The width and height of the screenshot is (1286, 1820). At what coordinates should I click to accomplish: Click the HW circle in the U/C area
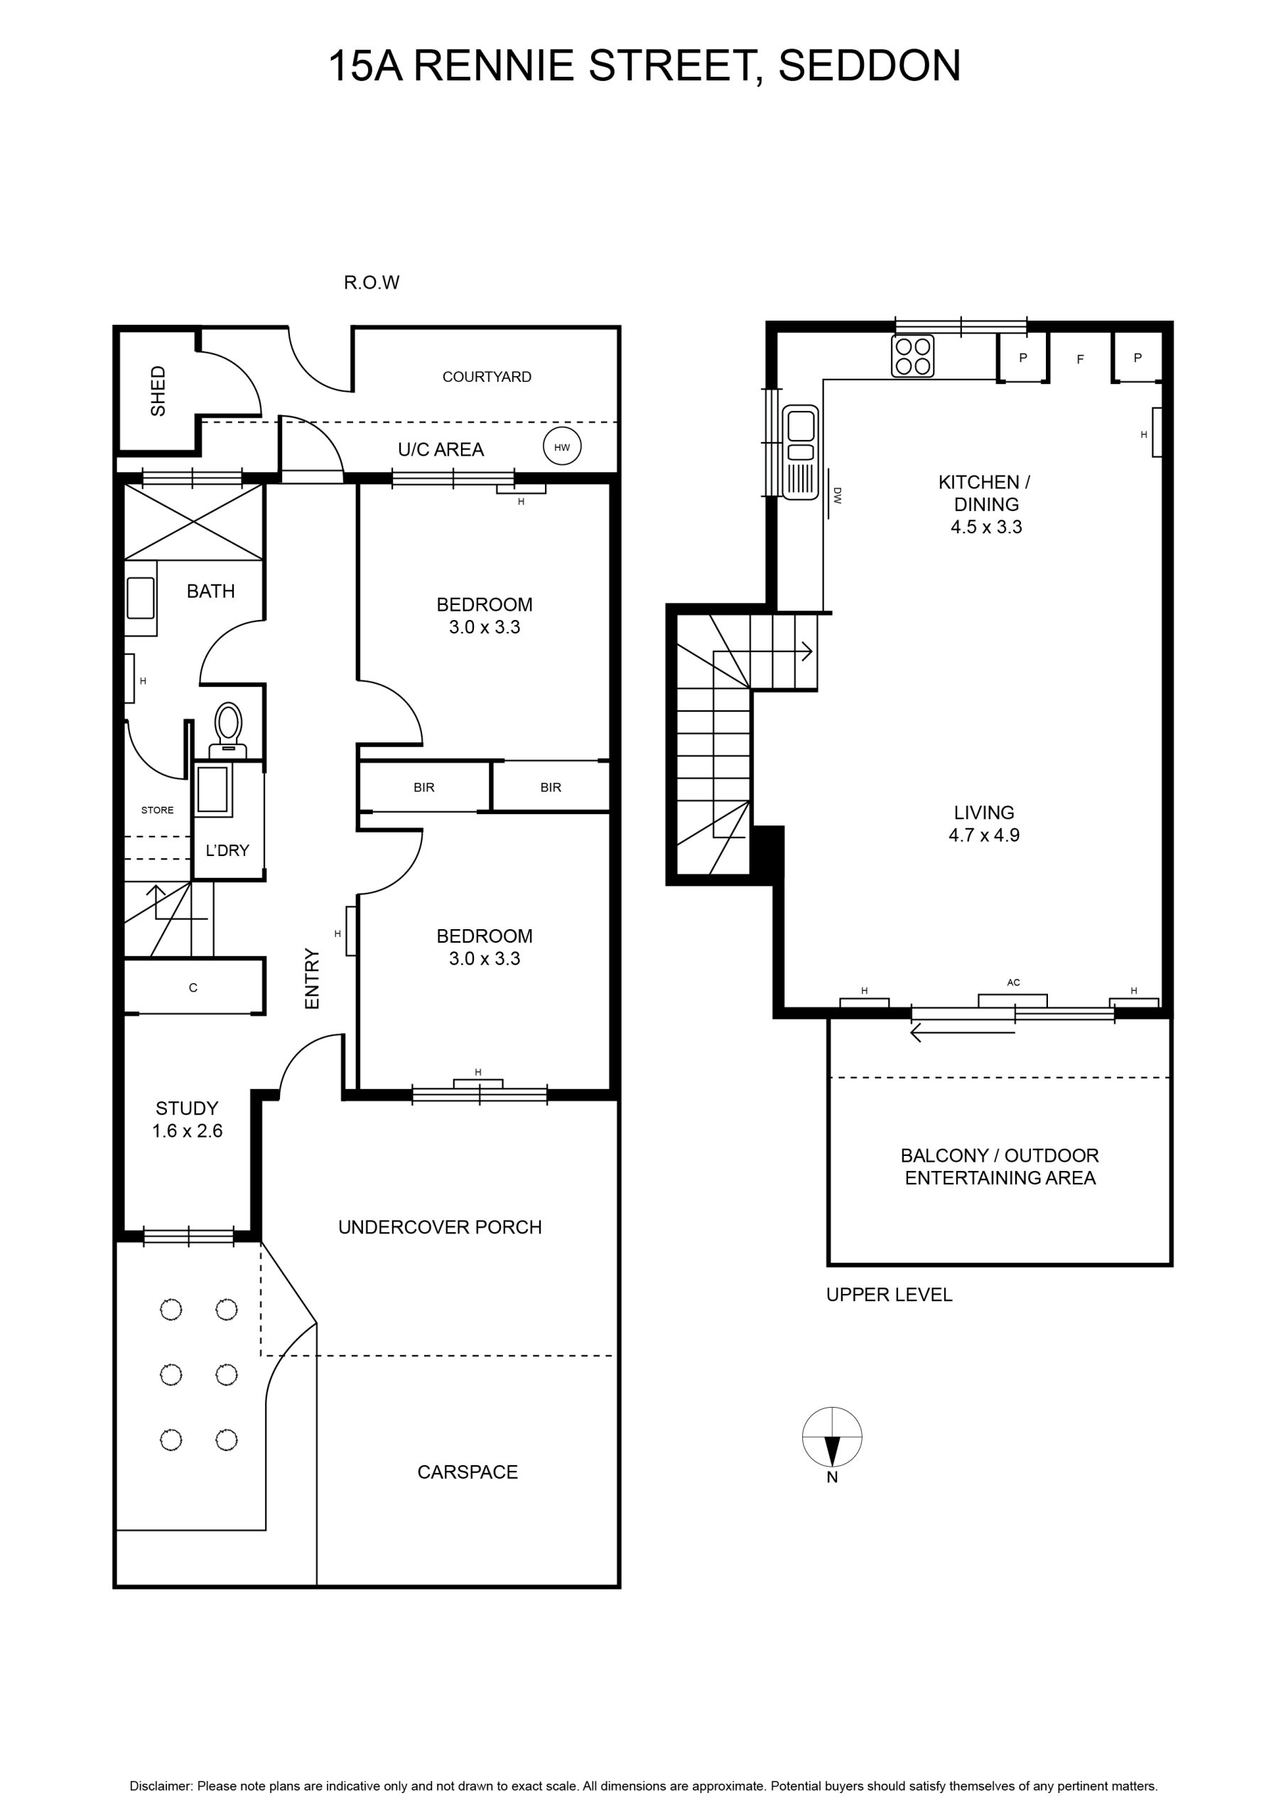(562, 447)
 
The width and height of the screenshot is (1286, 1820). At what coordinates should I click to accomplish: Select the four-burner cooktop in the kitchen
(913, 356)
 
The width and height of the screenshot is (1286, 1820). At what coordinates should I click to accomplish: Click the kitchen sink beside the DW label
(800, 452)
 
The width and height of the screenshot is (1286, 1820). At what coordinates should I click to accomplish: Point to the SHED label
(158, 391)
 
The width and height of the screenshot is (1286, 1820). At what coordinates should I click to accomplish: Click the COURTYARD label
(487, 377)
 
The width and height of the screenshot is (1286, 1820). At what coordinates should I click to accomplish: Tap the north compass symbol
(832, 1436)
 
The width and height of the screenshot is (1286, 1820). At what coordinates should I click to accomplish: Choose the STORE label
(157, 809)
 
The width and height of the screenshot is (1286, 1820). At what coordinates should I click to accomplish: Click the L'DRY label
(227, 850)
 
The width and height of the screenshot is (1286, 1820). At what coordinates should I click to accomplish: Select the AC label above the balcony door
(1013, 982)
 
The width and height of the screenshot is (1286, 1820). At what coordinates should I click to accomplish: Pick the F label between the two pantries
(1080, 359)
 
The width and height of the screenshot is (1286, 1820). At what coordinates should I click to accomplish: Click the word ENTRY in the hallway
(312, 978)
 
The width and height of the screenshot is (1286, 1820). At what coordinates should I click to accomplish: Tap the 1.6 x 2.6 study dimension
(187, 1131)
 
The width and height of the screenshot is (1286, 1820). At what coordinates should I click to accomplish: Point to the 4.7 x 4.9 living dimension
(984, 835)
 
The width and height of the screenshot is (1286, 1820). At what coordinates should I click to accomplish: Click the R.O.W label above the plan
(372, 282)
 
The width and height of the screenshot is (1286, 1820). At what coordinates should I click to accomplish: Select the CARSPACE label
(468, 1472)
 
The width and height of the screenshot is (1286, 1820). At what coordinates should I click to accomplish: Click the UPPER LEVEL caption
(889, 1295)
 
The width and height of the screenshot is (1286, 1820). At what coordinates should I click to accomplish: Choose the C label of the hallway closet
(193, 987)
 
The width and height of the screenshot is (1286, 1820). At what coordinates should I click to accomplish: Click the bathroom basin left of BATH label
(141, 598)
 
